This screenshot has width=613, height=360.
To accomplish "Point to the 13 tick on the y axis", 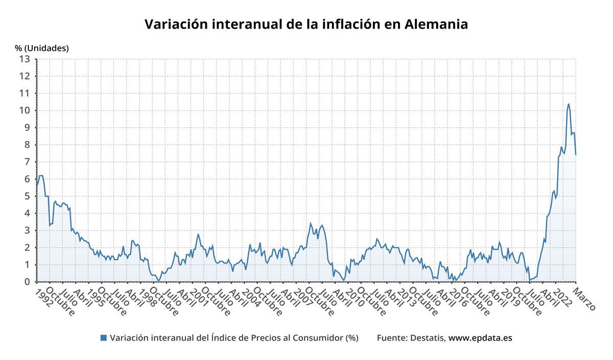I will (x=25, y=59).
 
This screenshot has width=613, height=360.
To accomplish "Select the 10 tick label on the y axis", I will (x=25, y=110).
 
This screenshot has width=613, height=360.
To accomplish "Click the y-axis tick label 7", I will (x=28, y=162).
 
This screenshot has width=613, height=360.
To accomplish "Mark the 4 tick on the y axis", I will (x=28, y=213).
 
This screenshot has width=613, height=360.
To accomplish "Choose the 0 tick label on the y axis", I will (x=28, y=282).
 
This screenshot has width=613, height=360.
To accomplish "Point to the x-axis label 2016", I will (x=457, y=296).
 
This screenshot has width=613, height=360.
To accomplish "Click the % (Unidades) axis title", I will (x=41, y=48).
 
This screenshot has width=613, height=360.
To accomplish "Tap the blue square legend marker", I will (x=104, y=338).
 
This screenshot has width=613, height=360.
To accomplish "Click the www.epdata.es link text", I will (x=480, y=338).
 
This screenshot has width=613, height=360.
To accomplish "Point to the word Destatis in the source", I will (x=428, y=338).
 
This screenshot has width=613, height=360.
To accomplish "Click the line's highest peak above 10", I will (x=568, y=104).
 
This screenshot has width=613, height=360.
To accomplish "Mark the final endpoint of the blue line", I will (x=576, y=154).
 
